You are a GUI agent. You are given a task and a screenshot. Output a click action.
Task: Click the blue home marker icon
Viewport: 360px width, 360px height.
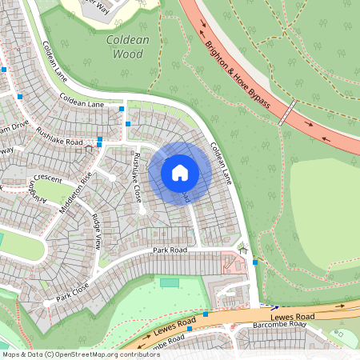coord(180,172)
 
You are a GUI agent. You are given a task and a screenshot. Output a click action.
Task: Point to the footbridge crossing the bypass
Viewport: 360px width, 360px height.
coord(287,113)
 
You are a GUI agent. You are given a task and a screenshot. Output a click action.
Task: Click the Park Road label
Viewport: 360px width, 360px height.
coord(169,252)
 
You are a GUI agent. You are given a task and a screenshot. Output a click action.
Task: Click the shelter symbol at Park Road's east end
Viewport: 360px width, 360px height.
coord(243,249)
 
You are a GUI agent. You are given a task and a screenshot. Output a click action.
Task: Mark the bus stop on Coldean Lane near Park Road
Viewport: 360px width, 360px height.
coord(254,262)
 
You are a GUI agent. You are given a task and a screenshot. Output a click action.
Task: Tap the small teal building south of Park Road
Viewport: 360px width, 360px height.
coord(169,282)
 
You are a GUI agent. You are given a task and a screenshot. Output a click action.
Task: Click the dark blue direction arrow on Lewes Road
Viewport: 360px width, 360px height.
coord(274,307)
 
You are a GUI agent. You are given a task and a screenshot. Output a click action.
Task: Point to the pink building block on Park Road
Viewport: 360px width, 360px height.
coord(233,265)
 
